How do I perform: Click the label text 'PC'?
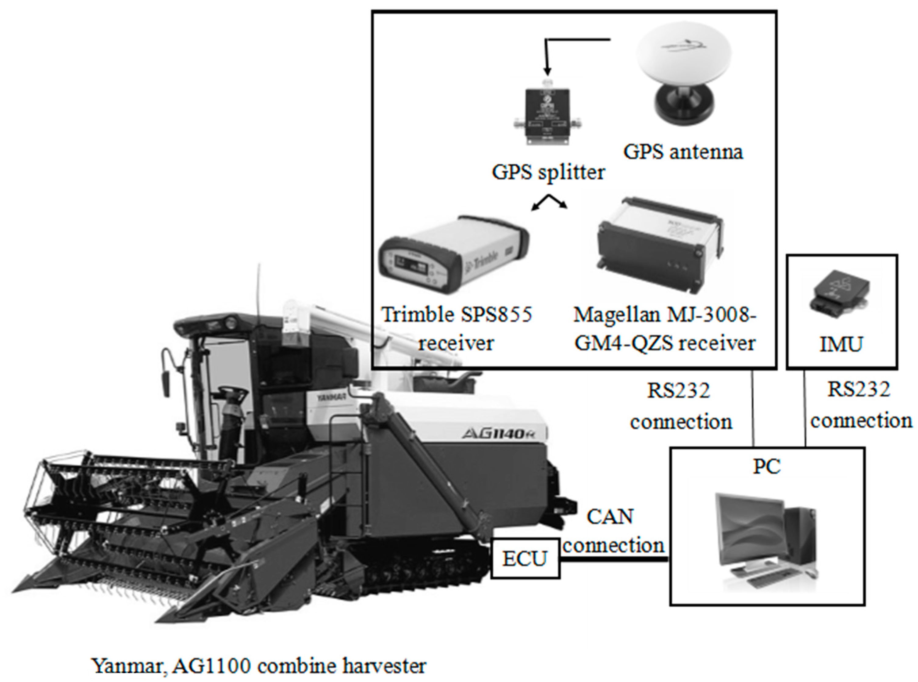click(x=767, y=467)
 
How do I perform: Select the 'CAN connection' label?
click(x=613, y=531)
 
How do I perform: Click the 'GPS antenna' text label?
click(x=683, y=152)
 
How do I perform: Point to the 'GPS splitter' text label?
click(x=548, y=172)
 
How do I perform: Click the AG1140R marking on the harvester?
click(x=504, y=433)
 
